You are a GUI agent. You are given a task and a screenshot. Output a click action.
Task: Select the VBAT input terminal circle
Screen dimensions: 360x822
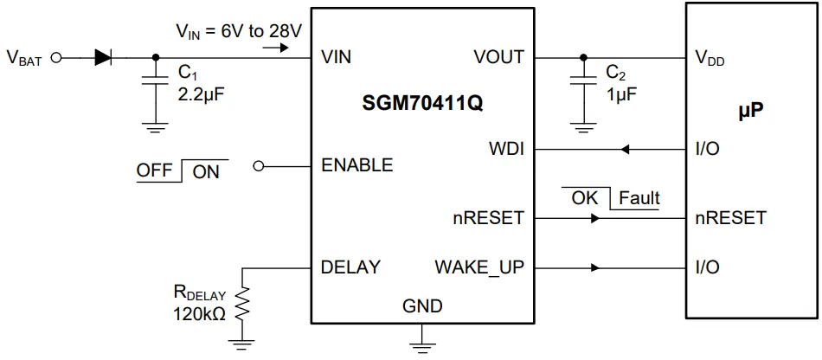pyautogui.click(x=57, y=59)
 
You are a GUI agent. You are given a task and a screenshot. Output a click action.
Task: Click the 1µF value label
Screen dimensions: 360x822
pyautogui.click(x=622, y=94)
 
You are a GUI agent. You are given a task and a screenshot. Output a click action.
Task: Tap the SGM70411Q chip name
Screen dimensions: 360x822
pyautogui.click(x=422, y=104)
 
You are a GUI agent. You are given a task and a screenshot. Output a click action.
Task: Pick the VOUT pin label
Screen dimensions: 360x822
pyautogui.click(x=498, y=58)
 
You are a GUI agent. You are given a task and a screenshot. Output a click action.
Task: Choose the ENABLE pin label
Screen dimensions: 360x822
pyautogui.click(x=356, y=165)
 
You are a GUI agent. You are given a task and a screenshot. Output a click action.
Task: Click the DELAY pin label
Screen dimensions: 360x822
pyautogui.click(x=350, y=267)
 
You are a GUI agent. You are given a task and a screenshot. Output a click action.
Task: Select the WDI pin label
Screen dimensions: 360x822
pyautogui.click(x=505, y=149)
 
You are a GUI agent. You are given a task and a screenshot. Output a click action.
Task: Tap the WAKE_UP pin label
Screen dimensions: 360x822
pyautogui.click(x=479, y=267)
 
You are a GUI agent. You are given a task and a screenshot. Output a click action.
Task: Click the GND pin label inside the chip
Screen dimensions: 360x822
pyautogui.click(x=422, y=306)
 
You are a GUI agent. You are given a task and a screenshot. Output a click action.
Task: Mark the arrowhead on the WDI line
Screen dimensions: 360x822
pyautogui.click(x=625, y=150)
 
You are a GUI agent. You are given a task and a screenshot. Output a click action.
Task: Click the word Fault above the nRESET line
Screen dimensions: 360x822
pyautogui.click(x=639, y=198)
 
